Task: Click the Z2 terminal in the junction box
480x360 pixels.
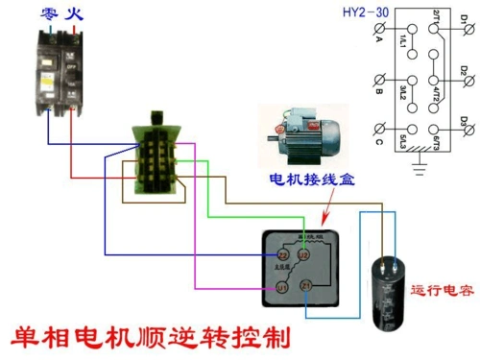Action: pyautogui.click(x=283, y=255)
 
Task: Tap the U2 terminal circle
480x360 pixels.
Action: pyautogui.click(x=304, y=255)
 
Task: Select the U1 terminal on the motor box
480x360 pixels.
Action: pyautogui.click(x=283, y=286)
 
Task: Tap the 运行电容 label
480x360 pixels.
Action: pyautogui.click(x=442, y=290)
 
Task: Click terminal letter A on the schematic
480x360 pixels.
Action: pyautogui.click(x=377, y=45)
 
